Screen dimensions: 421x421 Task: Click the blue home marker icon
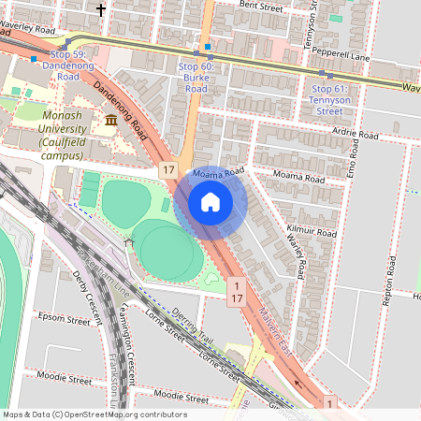[x=210, y=201]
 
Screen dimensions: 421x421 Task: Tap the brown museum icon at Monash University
[x=111, y=120]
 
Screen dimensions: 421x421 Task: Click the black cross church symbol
[x=100, y=10]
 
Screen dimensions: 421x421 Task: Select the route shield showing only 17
[x=167, y=170]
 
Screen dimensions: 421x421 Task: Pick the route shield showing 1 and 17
[x=237, y=290]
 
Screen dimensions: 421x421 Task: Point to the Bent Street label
[x=261, y=6]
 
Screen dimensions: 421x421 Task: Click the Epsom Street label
[x=65, y=318]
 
